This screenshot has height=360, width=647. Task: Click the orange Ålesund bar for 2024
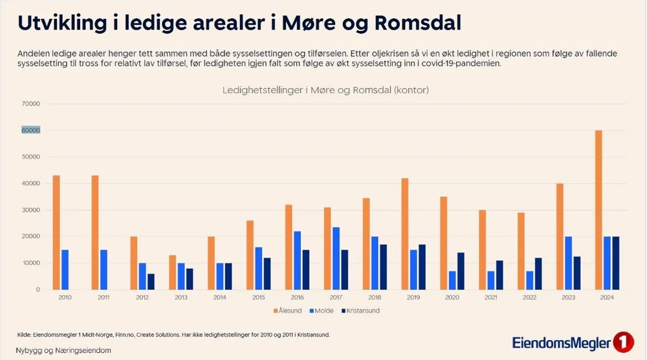point(598,210)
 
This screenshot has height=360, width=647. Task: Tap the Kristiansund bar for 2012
point(151,282)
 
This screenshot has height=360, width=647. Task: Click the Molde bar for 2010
point(65,269)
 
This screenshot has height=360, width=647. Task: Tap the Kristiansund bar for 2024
point(616,263)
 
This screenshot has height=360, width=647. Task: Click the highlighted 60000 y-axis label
point(31,130)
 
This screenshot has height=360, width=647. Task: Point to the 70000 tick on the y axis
point(31,104)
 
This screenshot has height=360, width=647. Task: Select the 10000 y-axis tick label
point(31,264)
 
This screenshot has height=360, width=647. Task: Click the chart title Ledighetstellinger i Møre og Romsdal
point(325,90)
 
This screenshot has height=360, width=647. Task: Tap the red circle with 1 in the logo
point(622,341)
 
